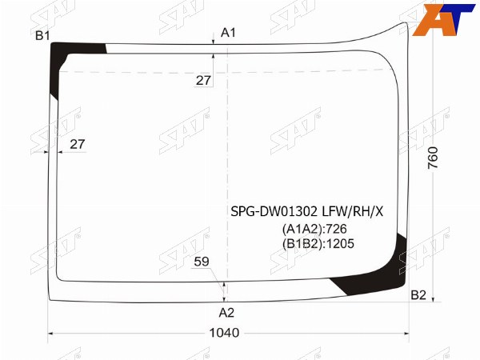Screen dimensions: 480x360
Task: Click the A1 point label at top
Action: pos(228,33)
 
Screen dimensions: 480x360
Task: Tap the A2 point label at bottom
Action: pos(226,313)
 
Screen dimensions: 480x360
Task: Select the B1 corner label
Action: pos(42,36)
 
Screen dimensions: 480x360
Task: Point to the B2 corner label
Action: pos(418,294)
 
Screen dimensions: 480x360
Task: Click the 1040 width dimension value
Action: pos(224,333)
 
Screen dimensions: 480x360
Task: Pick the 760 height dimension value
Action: pos(433,158)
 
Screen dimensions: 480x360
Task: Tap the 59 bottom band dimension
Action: pos(202,262)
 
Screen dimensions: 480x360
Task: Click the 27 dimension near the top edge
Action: pos(203,81)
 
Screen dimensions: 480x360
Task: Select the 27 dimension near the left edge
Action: pos(77,144)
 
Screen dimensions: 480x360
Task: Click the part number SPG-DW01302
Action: pos(274,211)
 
